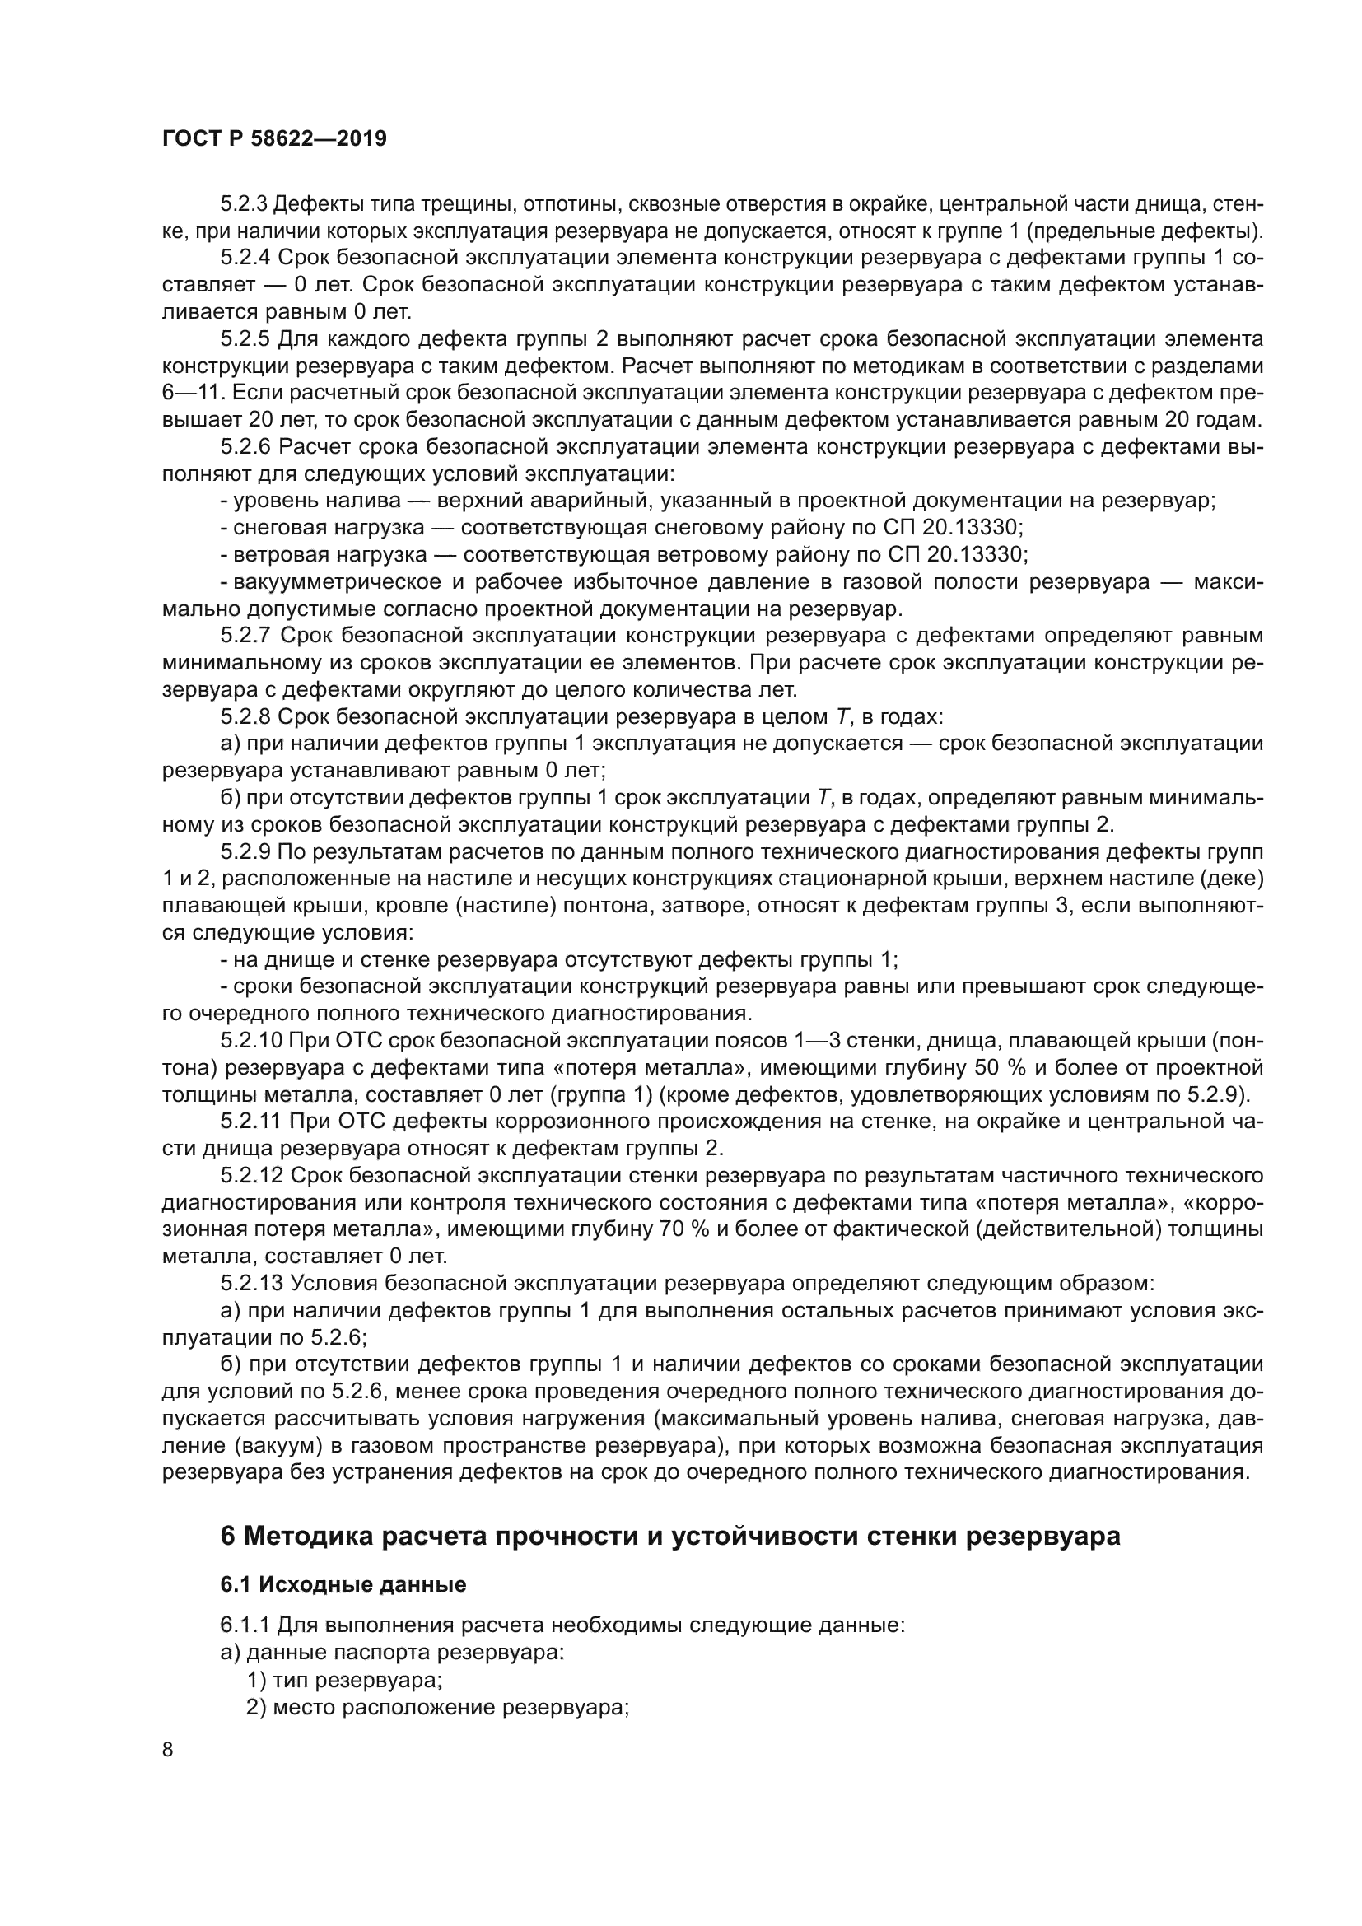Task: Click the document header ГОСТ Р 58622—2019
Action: tap(274, 139)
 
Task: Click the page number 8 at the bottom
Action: tap(168, 1750)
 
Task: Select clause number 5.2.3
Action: tap(245, 204)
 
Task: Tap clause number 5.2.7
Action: tap(245, 635)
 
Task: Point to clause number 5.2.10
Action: tap(251, 1040)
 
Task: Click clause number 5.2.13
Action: tap(251, 1283)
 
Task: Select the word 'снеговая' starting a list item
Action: tap(281, 528)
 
